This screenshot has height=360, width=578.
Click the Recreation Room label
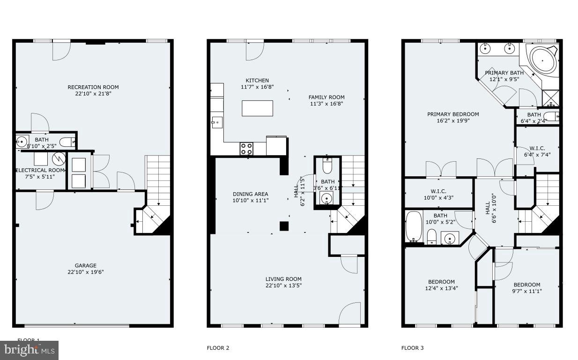tap(93, 87)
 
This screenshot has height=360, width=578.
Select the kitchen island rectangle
tap(257, 108)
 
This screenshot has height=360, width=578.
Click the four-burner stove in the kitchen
tap(246, 149)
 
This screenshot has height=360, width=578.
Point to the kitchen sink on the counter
tap(217, 123)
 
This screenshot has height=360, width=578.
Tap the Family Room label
tap(326, 97)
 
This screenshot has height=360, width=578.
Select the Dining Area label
tap(250, 194)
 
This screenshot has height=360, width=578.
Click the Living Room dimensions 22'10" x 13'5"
tap(283, 285)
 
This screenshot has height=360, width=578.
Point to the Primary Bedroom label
tap(452, 114)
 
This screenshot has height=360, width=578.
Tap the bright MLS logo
tap(29, 350)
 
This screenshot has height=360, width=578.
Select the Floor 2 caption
tap(218, 348)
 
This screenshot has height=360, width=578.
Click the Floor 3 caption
tap(412, 348)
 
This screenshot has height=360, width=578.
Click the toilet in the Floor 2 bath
tap(327, 167)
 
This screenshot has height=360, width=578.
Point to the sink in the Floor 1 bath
tap(22, 141)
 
